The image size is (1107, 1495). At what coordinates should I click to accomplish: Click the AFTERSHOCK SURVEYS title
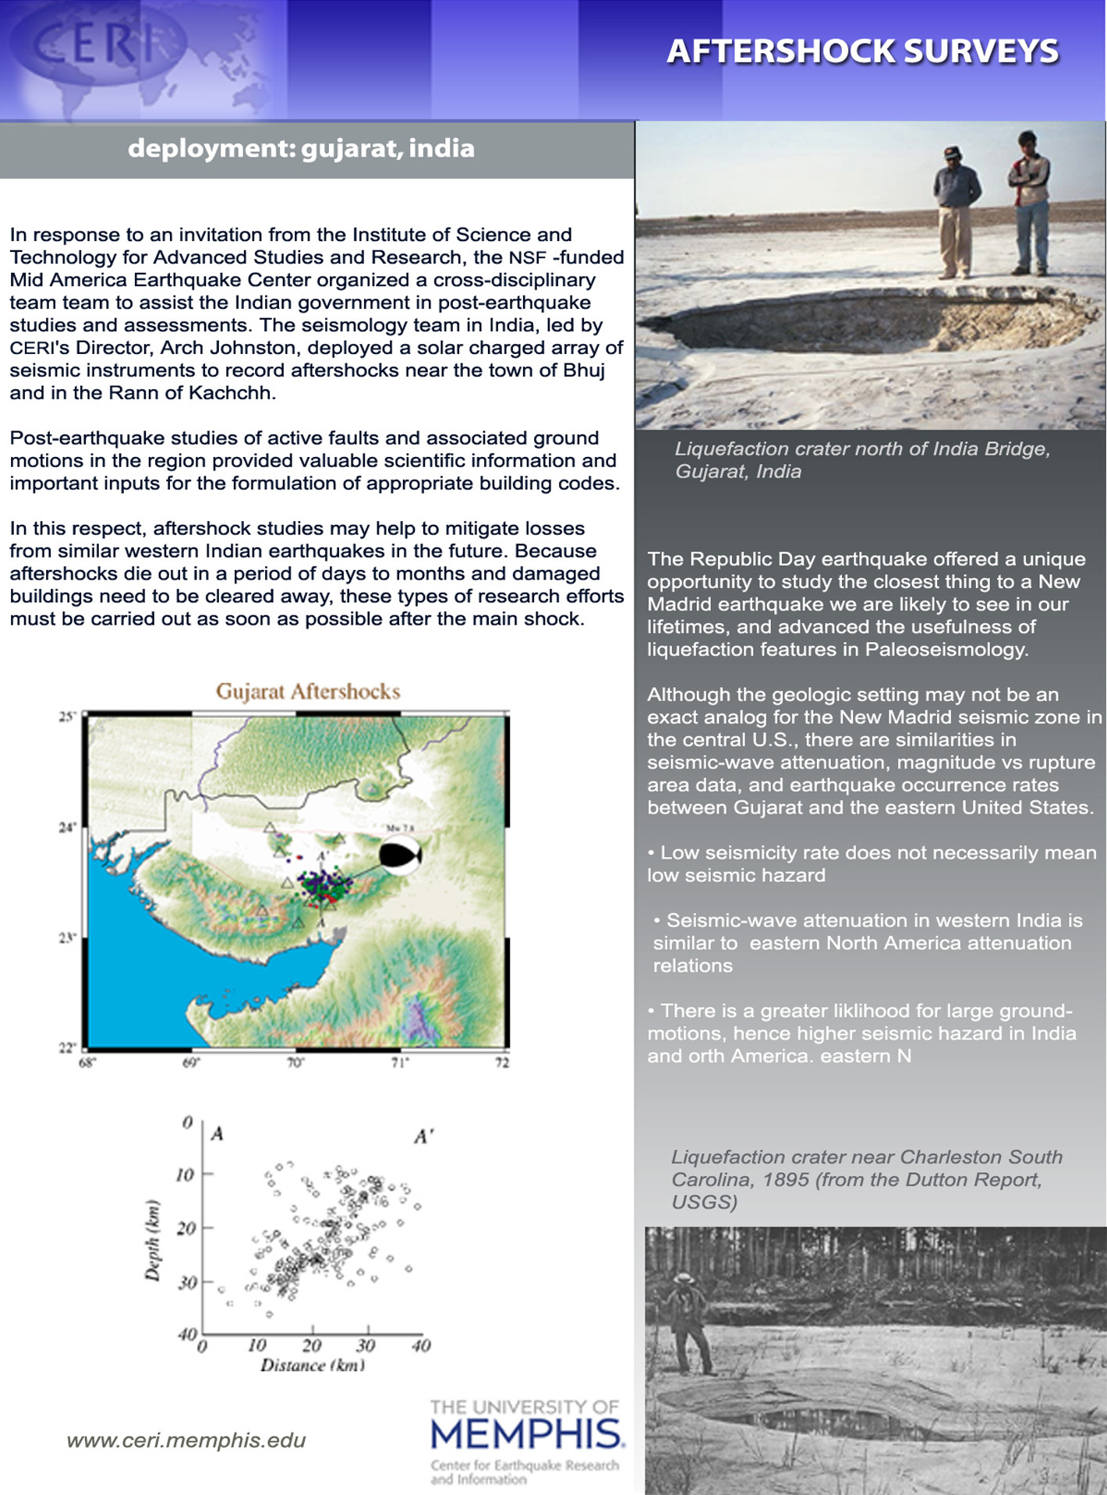(x=862, y=51)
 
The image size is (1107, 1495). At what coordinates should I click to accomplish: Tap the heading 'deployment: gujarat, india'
(x=301, y=148)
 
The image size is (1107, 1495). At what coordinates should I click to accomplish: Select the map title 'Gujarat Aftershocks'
(x=308, y=692)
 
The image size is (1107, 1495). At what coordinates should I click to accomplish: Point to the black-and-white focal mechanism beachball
(x=401, y=856)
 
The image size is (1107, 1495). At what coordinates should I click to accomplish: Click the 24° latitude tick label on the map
(x=67, y=827)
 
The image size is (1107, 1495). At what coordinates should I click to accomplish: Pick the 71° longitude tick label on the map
(x=400, y=1062)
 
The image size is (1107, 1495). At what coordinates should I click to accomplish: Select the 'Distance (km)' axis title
(x=313, y=1366)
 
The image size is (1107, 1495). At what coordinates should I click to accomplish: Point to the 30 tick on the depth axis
(x=186, y=1283)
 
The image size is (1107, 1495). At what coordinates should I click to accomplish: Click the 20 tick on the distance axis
(x=312, y=1345)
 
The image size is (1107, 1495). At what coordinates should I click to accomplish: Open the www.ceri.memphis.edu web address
(x=186, y=1440)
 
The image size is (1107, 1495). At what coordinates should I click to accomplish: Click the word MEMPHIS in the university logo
(x=526, y=1433)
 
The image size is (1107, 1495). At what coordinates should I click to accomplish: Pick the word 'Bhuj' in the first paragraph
(x=583, y=370)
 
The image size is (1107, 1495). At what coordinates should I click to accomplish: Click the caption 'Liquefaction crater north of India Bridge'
(x=862, y=449)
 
